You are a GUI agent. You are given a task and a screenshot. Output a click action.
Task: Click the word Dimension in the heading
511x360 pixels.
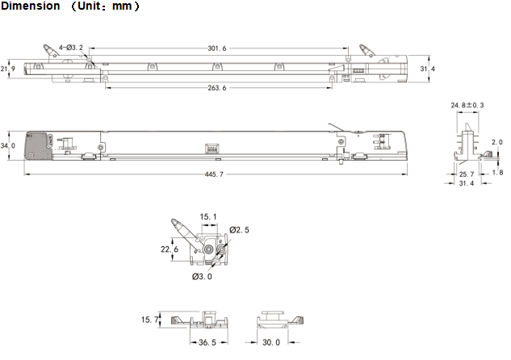29,6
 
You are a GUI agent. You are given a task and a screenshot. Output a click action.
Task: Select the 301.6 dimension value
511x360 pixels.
216,48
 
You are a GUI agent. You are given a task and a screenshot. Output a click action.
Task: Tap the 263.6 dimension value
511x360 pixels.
217,88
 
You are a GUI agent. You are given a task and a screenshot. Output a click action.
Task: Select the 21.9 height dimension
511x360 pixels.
8,69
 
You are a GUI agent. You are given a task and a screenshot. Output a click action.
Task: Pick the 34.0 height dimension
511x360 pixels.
8,146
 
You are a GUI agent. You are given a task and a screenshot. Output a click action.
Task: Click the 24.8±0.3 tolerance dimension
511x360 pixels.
468,105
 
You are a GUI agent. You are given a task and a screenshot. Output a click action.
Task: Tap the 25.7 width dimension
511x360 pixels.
467,174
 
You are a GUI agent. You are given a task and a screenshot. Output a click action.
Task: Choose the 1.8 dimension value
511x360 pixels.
496,173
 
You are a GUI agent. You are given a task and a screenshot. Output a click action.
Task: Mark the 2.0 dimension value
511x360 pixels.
496,142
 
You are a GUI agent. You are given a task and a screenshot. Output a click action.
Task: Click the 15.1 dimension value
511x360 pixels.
208,216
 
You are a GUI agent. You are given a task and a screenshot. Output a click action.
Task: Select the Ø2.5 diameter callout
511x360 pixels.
239,230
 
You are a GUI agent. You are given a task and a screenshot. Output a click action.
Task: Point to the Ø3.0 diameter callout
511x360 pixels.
202,277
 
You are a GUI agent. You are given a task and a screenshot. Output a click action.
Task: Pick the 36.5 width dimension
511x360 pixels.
207,342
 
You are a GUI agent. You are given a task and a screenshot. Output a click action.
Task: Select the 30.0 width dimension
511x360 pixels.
271,342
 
